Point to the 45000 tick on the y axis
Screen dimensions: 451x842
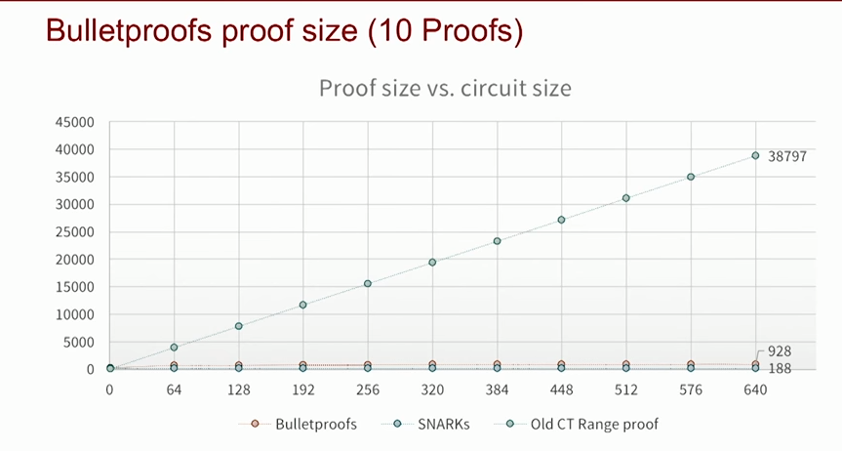74,122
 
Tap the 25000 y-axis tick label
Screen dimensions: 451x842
74,232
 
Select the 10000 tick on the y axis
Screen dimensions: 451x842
74,314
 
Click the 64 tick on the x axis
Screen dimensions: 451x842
174,389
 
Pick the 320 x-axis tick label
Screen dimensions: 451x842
432,389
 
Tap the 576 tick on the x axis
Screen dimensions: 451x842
691,389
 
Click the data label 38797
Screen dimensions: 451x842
786,156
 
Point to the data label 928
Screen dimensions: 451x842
780,351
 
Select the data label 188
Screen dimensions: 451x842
780,368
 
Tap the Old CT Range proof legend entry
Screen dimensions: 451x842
595,425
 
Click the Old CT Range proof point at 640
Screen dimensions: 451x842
755,155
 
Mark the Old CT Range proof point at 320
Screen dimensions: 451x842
432,262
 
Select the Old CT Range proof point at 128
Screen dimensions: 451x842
238,326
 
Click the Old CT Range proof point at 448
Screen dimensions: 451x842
561,220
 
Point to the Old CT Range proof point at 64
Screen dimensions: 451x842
174,348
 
